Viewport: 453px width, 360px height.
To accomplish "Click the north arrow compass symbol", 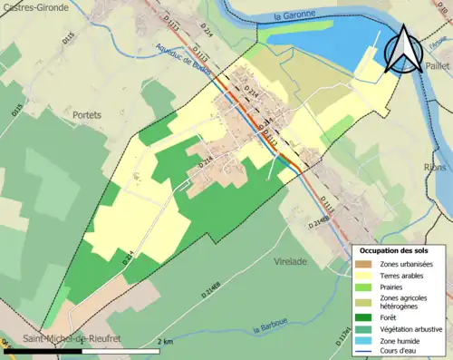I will (x=404, y=50).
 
